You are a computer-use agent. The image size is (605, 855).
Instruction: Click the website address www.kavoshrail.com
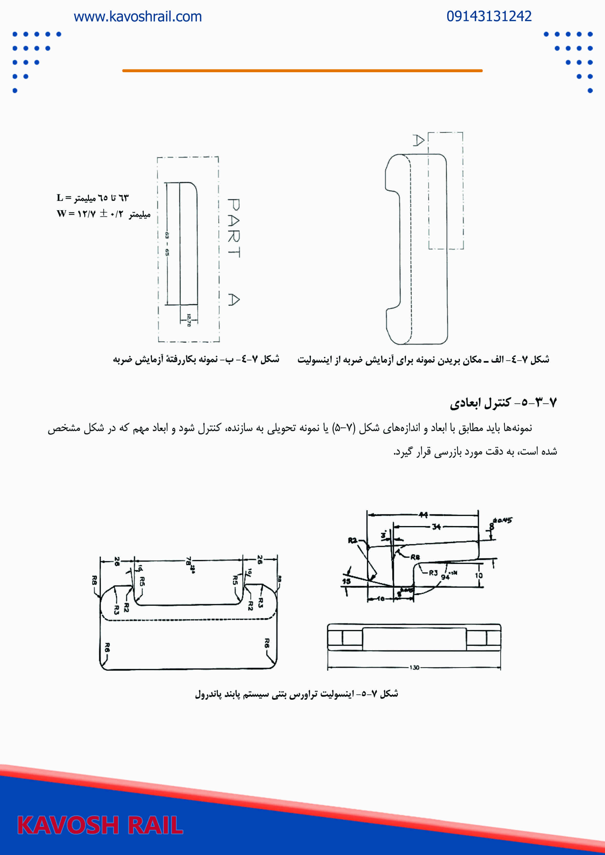pyautogui.click(x=138, y=17)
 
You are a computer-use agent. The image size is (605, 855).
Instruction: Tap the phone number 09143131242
pyautogui.click(x=489, y=16)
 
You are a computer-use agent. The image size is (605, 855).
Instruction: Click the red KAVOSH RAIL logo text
pyautogui.click(x=100, y=825)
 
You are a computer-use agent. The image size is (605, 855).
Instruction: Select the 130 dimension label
pyautogui.click(x=414, y=667)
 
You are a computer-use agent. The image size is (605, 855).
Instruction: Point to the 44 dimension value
pyautogui.click(x=423, y=515)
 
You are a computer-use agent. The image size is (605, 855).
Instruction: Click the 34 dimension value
pyautogui.click(x=436, y=526)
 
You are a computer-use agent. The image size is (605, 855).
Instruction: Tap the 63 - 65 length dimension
pyautogui.click(x=167, y=244)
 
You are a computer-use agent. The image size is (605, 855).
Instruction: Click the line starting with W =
pyautogui.click(x=103, y=214)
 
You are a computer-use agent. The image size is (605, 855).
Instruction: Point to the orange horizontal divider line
pyautogui.click(x=302, y=70)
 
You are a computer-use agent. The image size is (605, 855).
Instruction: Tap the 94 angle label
pyautogui.click(x=445, y=577)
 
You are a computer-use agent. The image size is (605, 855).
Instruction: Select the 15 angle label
pyautogui.click(x=346, y=581)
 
